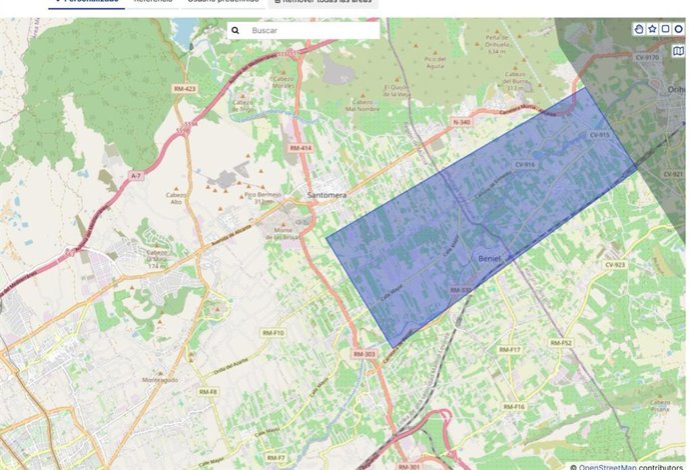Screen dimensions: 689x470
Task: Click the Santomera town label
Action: coord(329,194)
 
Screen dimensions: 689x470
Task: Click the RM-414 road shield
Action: coord(301,148)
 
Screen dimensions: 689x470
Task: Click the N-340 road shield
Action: coord(460,122)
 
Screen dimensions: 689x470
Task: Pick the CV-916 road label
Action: coord(525,164)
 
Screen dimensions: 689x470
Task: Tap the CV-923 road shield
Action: coord(614,265)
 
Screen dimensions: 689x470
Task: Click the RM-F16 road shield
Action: coord(513,407)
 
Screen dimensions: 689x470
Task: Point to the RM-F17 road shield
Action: coord(509,350)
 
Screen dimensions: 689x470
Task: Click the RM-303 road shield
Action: coord(363,355)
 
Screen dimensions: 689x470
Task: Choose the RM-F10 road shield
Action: coord(273,333)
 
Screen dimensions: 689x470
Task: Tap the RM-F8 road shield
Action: coord(208,391)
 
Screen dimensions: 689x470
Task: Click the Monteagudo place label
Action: coord(159,380)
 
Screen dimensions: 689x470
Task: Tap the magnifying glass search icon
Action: coord(236,31)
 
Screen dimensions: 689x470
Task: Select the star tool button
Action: coord(652,30)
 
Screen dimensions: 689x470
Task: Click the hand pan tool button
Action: coord(639,30)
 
